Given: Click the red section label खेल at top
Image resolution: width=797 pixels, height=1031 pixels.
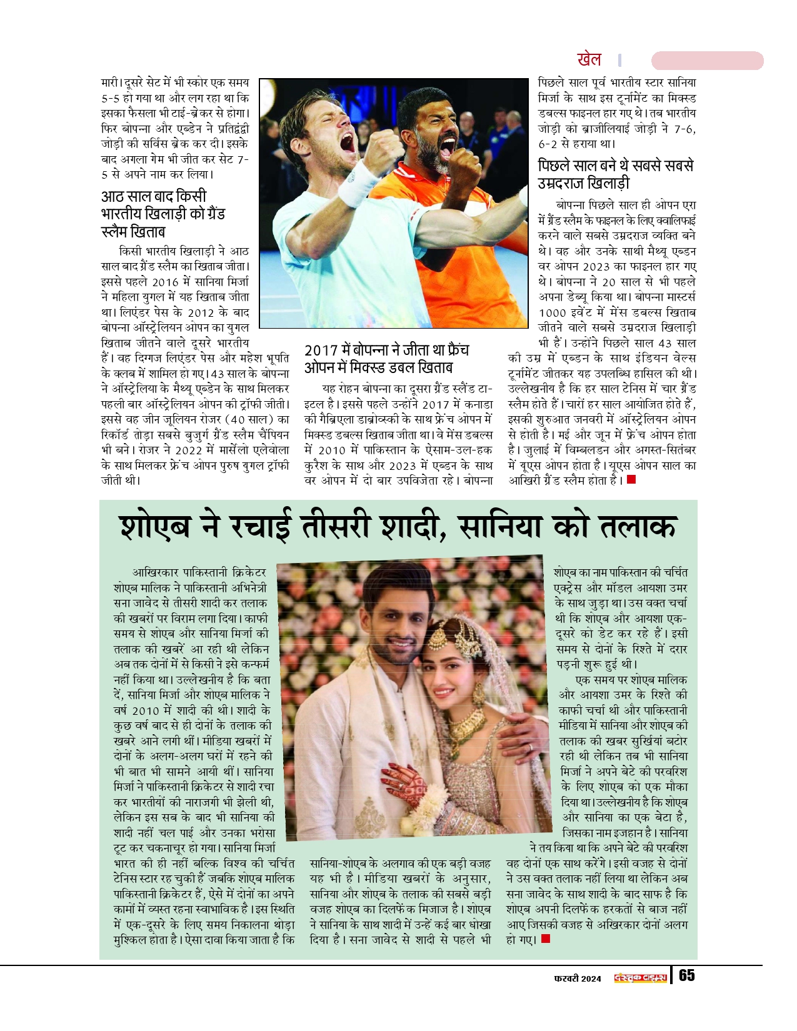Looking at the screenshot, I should point(589,60).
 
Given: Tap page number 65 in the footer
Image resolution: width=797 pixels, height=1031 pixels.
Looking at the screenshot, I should point(686,976).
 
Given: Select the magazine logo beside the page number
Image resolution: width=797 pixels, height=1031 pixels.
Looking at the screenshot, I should point(641,978).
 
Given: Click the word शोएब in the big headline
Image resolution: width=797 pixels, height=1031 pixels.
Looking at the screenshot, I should point(155,527).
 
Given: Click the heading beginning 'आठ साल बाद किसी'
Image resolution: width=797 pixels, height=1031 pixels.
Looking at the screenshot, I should point(163,214).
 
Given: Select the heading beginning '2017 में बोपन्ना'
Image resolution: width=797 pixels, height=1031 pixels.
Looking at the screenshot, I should point(386,359).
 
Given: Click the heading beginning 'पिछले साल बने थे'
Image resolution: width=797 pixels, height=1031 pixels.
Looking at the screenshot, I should point(615,174).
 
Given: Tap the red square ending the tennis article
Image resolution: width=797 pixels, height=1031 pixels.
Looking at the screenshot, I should point(631,479).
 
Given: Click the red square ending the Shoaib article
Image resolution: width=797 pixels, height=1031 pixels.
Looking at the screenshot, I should point(546,939).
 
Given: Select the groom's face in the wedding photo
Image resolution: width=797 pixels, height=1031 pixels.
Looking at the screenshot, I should point(396,612).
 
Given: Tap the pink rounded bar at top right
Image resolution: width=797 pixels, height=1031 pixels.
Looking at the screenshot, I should point(707,61).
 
